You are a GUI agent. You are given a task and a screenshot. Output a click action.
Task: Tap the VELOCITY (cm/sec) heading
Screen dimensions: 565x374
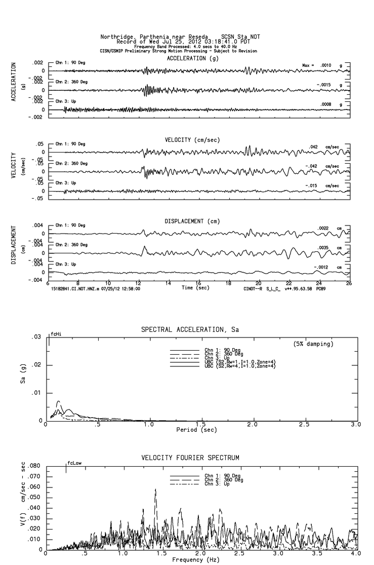(x=192, y=139)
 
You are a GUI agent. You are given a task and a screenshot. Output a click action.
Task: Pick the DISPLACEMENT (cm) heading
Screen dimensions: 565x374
(x=192, y=221)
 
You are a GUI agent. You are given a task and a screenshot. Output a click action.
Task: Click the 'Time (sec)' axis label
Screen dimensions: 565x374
(x=196, y=288)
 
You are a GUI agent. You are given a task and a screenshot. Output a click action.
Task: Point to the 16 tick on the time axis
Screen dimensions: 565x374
(x=198, y=283)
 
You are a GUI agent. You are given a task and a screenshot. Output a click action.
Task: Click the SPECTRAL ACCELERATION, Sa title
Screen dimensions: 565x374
(x=190, y=330)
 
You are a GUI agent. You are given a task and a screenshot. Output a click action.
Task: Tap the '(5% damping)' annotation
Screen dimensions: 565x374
(x=313, y=344)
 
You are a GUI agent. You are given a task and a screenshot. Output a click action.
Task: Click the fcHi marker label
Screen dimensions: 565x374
(x=56, y=334)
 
